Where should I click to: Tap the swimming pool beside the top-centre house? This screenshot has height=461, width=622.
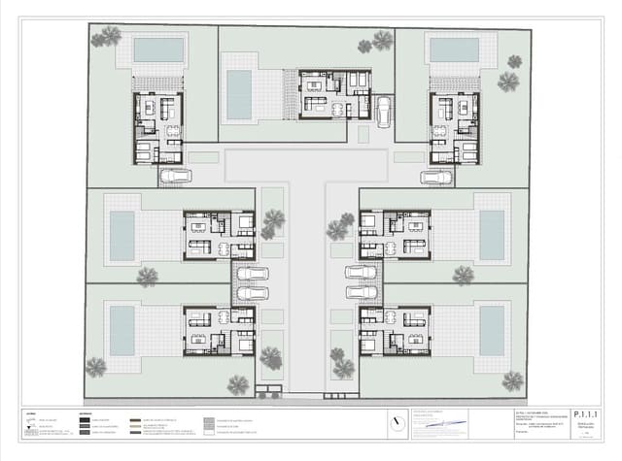coord(239,93)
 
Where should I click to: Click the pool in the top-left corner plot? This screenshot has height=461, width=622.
coord(157,49)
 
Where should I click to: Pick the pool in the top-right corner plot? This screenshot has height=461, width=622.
coord(454,49)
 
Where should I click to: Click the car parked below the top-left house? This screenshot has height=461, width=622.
coord(175,177)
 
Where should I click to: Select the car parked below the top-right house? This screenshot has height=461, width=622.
coord(436,178)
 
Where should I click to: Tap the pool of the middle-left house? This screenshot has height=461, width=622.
coord(121,236)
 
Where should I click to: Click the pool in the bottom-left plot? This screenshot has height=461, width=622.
coord(121,331)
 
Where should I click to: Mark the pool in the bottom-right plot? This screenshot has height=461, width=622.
coord(492,331)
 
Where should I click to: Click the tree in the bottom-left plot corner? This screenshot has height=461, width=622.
coord(95,367)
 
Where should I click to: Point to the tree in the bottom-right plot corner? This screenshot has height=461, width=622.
coord(512,380)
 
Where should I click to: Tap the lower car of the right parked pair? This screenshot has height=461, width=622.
coord(362,293)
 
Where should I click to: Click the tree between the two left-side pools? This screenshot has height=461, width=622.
coord(147,277)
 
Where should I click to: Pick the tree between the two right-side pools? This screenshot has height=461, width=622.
coord(463,275)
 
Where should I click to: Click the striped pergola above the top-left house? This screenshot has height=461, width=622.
coord(157,82)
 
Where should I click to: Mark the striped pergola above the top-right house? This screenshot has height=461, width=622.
coord(454,82)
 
